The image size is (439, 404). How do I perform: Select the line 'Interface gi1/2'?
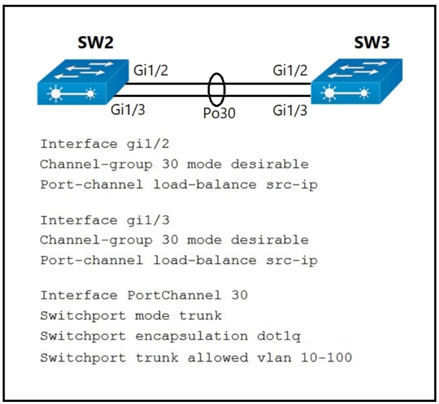pyautogui.click(x=93, y=144)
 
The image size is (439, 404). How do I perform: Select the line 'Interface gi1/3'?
pyautogui.click(x=93, y=220)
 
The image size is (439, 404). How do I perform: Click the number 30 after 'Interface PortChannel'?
pyautogui.click(x=239, y=295)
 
